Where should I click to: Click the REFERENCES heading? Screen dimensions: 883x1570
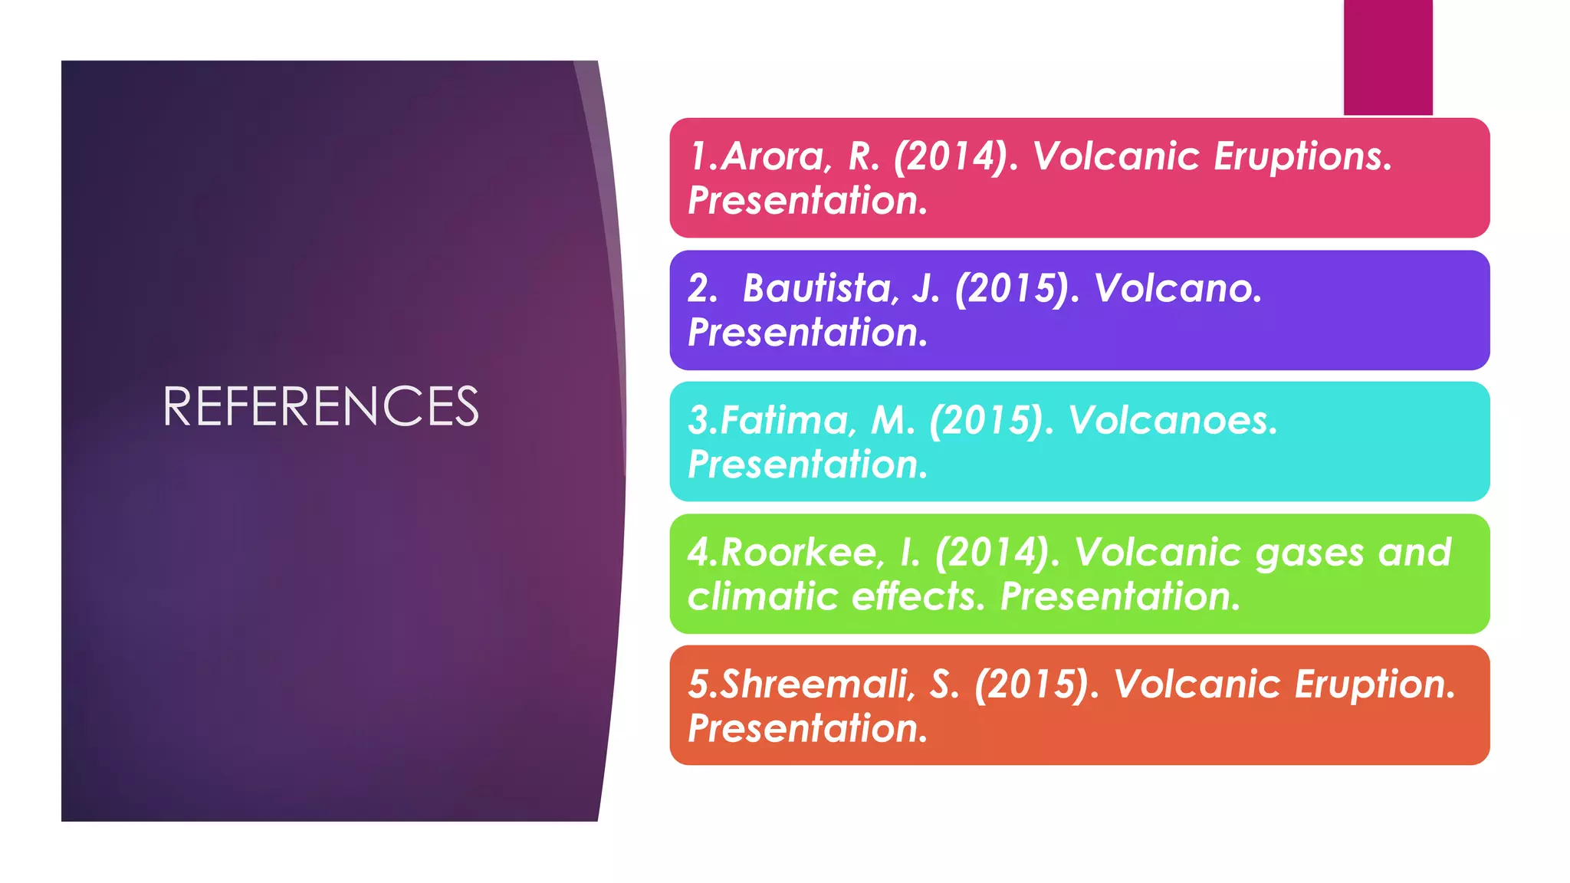tap(320, 406)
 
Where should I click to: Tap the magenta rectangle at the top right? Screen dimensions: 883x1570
tap(1388, 57)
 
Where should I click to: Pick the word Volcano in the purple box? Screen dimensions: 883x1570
tap(1177, 289)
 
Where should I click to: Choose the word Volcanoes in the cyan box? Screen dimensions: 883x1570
tap(1172, 421)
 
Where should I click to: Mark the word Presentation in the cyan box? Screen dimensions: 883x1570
tap(807, 464)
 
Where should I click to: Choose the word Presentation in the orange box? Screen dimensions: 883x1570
tap(807, 728)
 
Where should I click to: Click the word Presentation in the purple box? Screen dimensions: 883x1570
tap(807, 333)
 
